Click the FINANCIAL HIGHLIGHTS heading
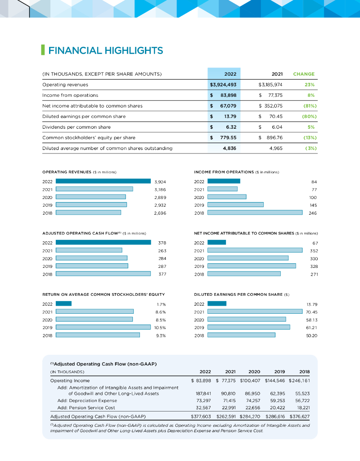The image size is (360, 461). [105, 50]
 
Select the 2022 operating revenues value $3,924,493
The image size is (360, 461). [224, 84]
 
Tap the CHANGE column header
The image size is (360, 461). [304, 74]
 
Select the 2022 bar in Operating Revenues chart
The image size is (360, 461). [103, 181]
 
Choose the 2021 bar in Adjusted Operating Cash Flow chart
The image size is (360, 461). [89, 250]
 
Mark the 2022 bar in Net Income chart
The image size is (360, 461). [216, 242]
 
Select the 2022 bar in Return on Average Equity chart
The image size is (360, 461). [63, 303]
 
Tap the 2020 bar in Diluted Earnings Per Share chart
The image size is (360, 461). [247, 319]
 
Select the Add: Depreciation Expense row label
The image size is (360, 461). [87, 400]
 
